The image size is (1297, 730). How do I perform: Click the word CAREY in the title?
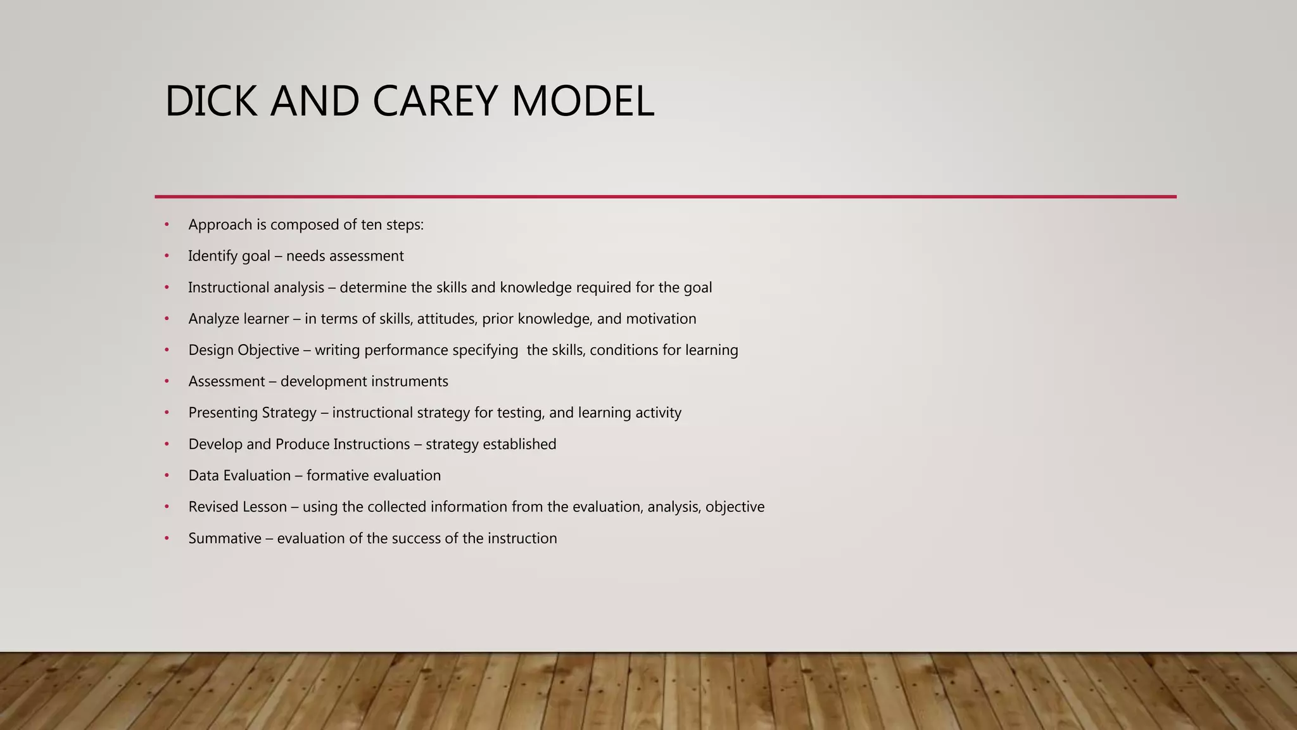click(x=434, y=101)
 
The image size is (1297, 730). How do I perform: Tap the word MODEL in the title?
click(x=582, y=101)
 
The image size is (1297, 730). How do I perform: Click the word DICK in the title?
click(x=211, y=101)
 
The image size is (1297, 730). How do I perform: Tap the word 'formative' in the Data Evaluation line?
click(x=338, y=476)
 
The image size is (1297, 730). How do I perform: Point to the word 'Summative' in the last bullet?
click(x=225, y=539)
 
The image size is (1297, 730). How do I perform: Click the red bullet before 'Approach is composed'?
click(x=167, y=225)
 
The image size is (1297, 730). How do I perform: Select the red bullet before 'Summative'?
click(x=167, y=539)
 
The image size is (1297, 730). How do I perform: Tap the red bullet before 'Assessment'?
click(x=167, y=381)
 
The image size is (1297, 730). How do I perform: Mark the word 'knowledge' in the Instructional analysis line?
click(x=536, y=288)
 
